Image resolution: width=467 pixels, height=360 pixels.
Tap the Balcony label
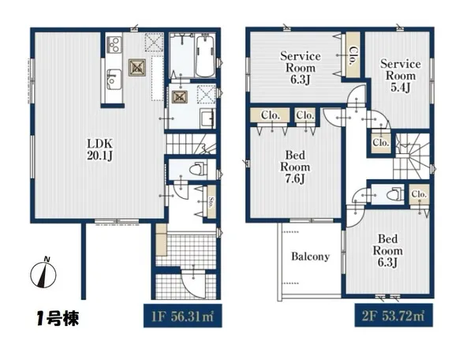point(310,257)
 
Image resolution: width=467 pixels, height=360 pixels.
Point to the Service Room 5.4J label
point(401,75)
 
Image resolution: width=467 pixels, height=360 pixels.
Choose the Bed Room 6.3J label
point(390,249)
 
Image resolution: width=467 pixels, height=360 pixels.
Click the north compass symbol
point(45,273)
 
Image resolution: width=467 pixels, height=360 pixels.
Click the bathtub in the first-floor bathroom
point(204,55)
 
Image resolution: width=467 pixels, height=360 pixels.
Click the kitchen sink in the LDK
point(114,78)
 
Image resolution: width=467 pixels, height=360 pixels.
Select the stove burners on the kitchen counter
point(113,44)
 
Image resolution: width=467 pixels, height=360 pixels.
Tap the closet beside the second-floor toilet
point(419,194)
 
